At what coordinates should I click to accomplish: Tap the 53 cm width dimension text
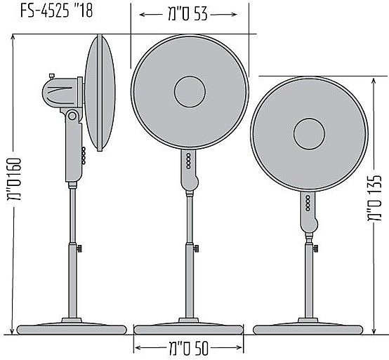[x=187, y=14]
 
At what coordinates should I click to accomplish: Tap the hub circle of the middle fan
[x=190, y=92]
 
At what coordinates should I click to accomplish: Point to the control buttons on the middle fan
[x=188, y=161]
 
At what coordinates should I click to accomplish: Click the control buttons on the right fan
[x=308, y=205]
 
